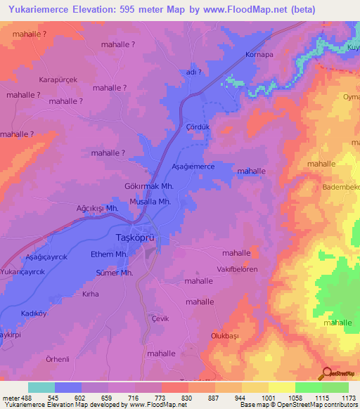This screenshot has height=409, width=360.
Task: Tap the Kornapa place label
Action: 257,54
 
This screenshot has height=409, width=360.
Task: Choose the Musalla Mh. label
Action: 150,201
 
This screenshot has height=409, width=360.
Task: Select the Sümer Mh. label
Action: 114,273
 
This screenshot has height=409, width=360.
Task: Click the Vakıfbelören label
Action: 237,269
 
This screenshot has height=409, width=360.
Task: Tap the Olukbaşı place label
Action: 226,336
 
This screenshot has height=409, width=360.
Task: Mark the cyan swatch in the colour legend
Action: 41,387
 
